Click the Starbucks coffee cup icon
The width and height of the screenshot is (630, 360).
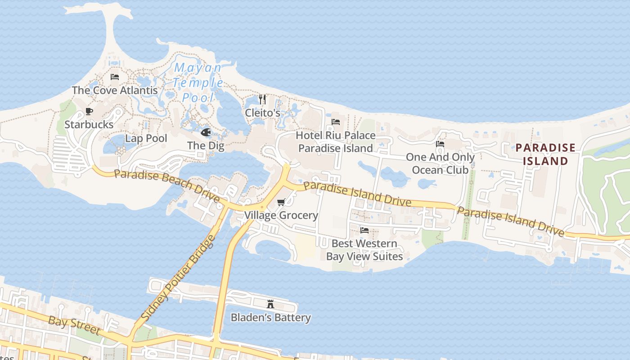89,111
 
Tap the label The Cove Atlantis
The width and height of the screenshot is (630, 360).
115,90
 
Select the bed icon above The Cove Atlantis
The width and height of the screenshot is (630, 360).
115,77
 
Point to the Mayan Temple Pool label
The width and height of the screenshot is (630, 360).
198,82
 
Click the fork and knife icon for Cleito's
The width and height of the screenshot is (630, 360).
262,99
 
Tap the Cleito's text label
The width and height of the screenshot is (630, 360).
262,112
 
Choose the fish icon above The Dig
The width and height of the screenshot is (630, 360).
206,132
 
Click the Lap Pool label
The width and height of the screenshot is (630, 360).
146,138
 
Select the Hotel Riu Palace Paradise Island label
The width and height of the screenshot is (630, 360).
336,142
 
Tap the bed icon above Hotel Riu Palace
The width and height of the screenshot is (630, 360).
336,122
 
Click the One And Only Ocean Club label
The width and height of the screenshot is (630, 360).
440,163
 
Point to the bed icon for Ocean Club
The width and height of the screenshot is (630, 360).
440,144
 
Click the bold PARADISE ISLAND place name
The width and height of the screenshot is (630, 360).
545,154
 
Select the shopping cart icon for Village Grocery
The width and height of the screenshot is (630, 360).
281,202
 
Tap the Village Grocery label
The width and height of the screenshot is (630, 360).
281,215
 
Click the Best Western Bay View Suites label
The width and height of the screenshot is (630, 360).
364,250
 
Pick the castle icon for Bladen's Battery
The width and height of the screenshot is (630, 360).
270,304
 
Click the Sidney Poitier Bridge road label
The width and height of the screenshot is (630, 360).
179,278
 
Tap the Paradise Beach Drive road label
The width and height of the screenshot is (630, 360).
166,186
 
